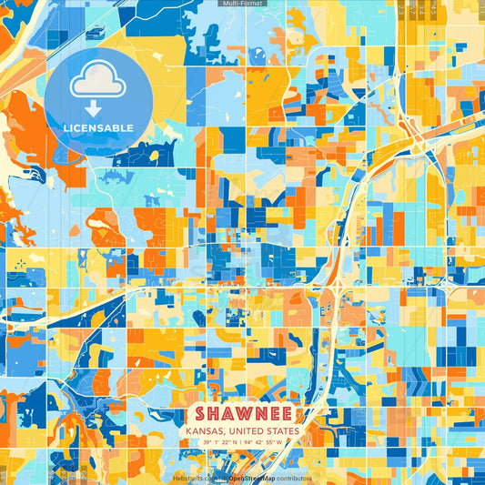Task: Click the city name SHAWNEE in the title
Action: (242, 414)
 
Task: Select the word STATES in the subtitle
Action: (282, 431)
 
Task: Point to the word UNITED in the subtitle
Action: (246, 431)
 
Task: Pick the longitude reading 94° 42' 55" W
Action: (270, 442)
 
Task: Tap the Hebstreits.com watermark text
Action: (196, 478)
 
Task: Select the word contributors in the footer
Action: (291, 478)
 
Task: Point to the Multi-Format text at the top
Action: (242, 4)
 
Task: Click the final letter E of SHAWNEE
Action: (284, 414)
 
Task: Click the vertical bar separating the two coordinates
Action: (243, 442)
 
